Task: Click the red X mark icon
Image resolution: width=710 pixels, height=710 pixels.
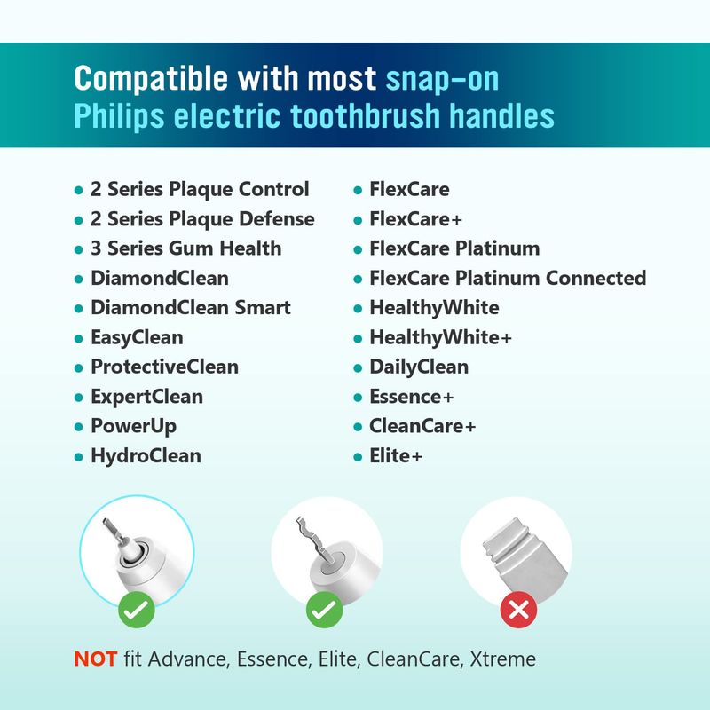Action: click(518, 610)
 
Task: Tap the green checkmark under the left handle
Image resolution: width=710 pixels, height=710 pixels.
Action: click(137, 610)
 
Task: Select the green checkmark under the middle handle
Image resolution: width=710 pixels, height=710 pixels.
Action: click(324, 610)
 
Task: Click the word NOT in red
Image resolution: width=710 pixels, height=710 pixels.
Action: click(96, 659)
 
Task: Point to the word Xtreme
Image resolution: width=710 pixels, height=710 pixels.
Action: click(502, 659)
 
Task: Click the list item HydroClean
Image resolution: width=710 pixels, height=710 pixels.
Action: click(146, 455)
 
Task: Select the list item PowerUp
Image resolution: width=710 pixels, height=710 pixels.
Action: click(134, 426)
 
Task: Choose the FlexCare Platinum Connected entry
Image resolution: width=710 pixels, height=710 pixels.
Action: click(508, 278)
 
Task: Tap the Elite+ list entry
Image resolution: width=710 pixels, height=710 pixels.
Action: click(396, 455)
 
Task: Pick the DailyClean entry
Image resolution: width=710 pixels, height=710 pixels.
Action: click(419, 367)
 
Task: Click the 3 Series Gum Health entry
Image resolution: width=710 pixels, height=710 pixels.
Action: click(186, 248)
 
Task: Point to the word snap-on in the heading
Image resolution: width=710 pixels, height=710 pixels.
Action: click(442, 78)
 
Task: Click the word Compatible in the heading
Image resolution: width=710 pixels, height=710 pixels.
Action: click(151, 78)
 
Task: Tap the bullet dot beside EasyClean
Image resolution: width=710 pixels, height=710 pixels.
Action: click(79, 339)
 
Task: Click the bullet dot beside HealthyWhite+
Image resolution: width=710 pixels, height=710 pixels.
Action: click(358, 339)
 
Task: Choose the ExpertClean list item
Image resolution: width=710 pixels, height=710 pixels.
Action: click(146, 397)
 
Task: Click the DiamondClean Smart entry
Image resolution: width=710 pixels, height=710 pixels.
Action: click(191, 307)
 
